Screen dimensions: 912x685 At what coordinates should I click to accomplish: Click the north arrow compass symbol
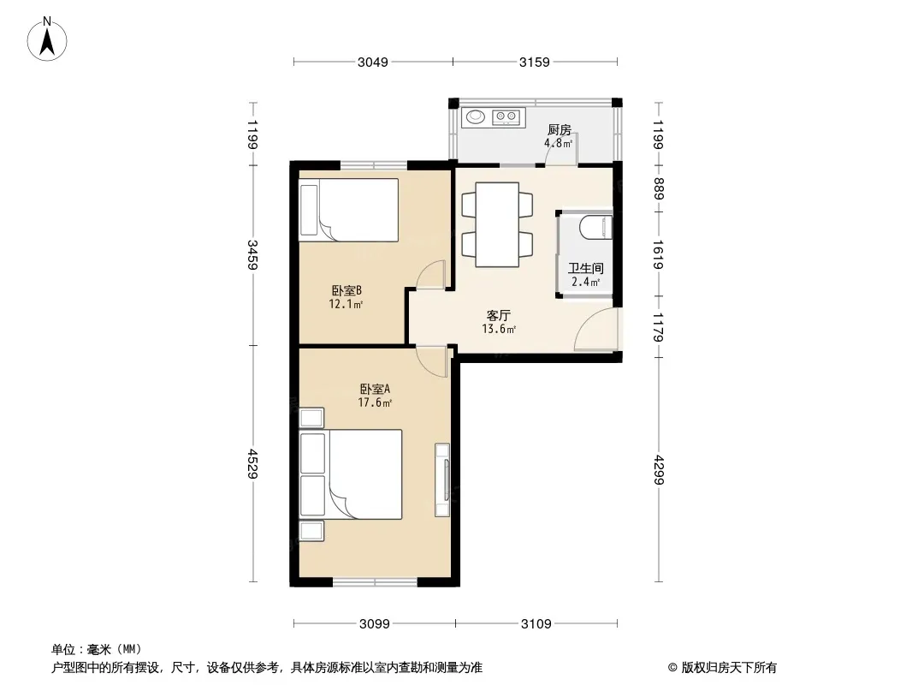47,39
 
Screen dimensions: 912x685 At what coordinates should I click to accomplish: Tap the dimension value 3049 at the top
373,63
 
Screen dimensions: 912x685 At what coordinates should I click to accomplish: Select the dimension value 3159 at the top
535,63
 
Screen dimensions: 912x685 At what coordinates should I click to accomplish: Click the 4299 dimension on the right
659,469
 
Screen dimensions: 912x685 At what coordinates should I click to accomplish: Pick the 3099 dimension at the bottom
375,624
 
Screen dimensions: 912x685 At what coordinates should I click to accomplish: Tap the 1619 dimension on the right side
659,254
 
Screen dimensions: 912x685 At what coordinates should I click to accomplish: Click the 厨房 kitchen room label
560,130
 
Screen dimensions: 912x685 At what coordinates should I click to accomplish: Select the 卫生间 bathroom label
586,268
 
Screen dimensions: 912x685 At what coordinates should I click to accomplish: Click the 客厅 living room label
499,315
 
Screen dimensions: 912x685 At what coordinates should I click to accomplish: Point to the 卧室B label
346,290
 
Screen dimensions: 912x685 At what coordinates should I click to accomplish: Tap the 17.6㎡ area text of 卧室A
375,402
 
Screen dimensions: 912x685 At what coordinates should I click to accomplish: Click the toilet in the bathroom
595,227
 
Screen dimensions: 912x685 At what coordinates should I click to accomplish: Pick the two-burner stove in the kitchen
506,117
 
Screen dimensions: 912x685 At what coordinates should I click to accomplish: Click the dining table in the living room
497,224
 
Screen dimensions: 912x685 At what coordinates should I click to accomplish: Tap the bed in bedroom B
348,210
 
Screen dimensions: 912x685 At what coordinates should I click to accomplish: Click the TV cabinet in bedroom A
442,480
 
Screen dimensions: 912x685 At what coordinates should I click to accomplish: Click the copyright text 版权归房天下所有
728,668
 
